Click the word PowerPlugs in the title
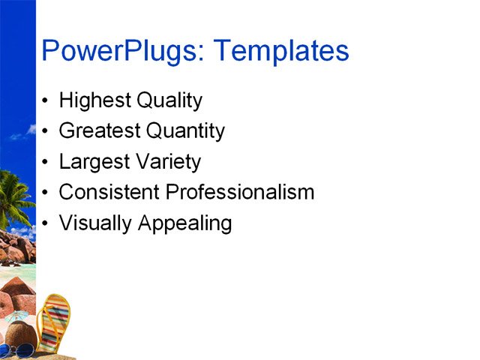[x=123, y=52]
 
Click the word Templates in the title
[x=282, y=52]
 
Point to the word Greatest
[x=100, y=131]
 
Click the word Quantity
[x=185, y=131]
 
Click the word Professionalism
[x=240, y=193]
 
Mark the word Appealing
[x=184, y=223]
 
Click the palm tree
[x=15, y=195]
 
